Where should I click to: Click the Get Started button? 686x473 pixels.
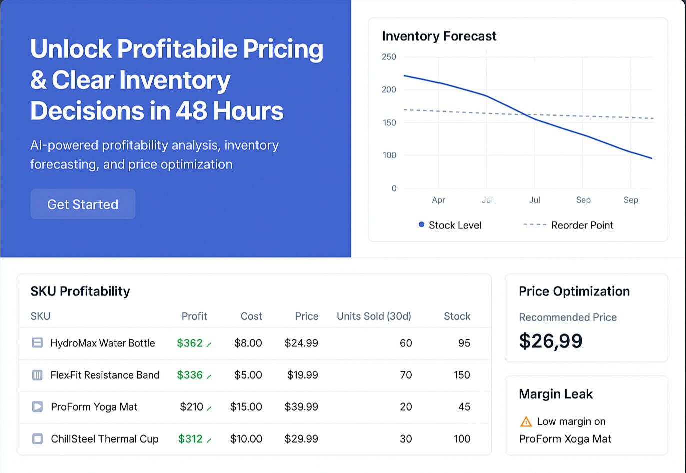83,204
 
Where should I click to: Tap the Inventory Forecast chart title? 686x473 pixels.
439,36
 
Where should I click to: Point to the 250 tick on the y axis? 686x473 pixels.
389,57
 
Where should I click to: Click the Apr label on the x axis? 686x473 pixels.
438,200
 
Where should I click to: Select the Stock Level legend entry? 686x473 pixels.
450,225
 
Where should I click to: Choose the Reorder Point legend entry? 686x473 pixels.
568,225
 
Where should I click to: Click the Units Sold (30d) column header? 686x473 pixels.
374,316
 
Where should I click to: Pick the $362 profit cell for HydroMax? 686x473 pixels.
190,343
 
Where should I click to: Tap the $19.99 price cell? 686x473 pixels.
302,375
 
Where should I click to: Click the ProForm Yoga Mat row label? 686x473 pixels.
94,407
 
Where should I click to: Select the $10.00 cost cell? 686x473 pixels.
246,439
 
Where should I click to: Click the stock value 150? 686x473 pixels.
462,375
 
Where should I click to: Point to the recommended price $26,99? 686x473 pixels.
550,341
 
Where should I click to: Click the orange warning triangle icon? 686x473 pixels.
526,422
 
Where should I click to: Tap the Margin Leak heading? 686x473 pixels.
555,394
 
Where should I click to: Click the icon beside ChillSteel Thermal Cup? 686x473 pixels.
37,439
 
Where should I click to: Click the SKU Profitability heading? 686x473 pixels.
80,291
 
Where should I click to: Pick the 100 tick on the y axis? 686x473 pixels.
389,155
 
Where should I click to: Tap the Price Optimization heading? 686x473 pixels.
574,291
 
